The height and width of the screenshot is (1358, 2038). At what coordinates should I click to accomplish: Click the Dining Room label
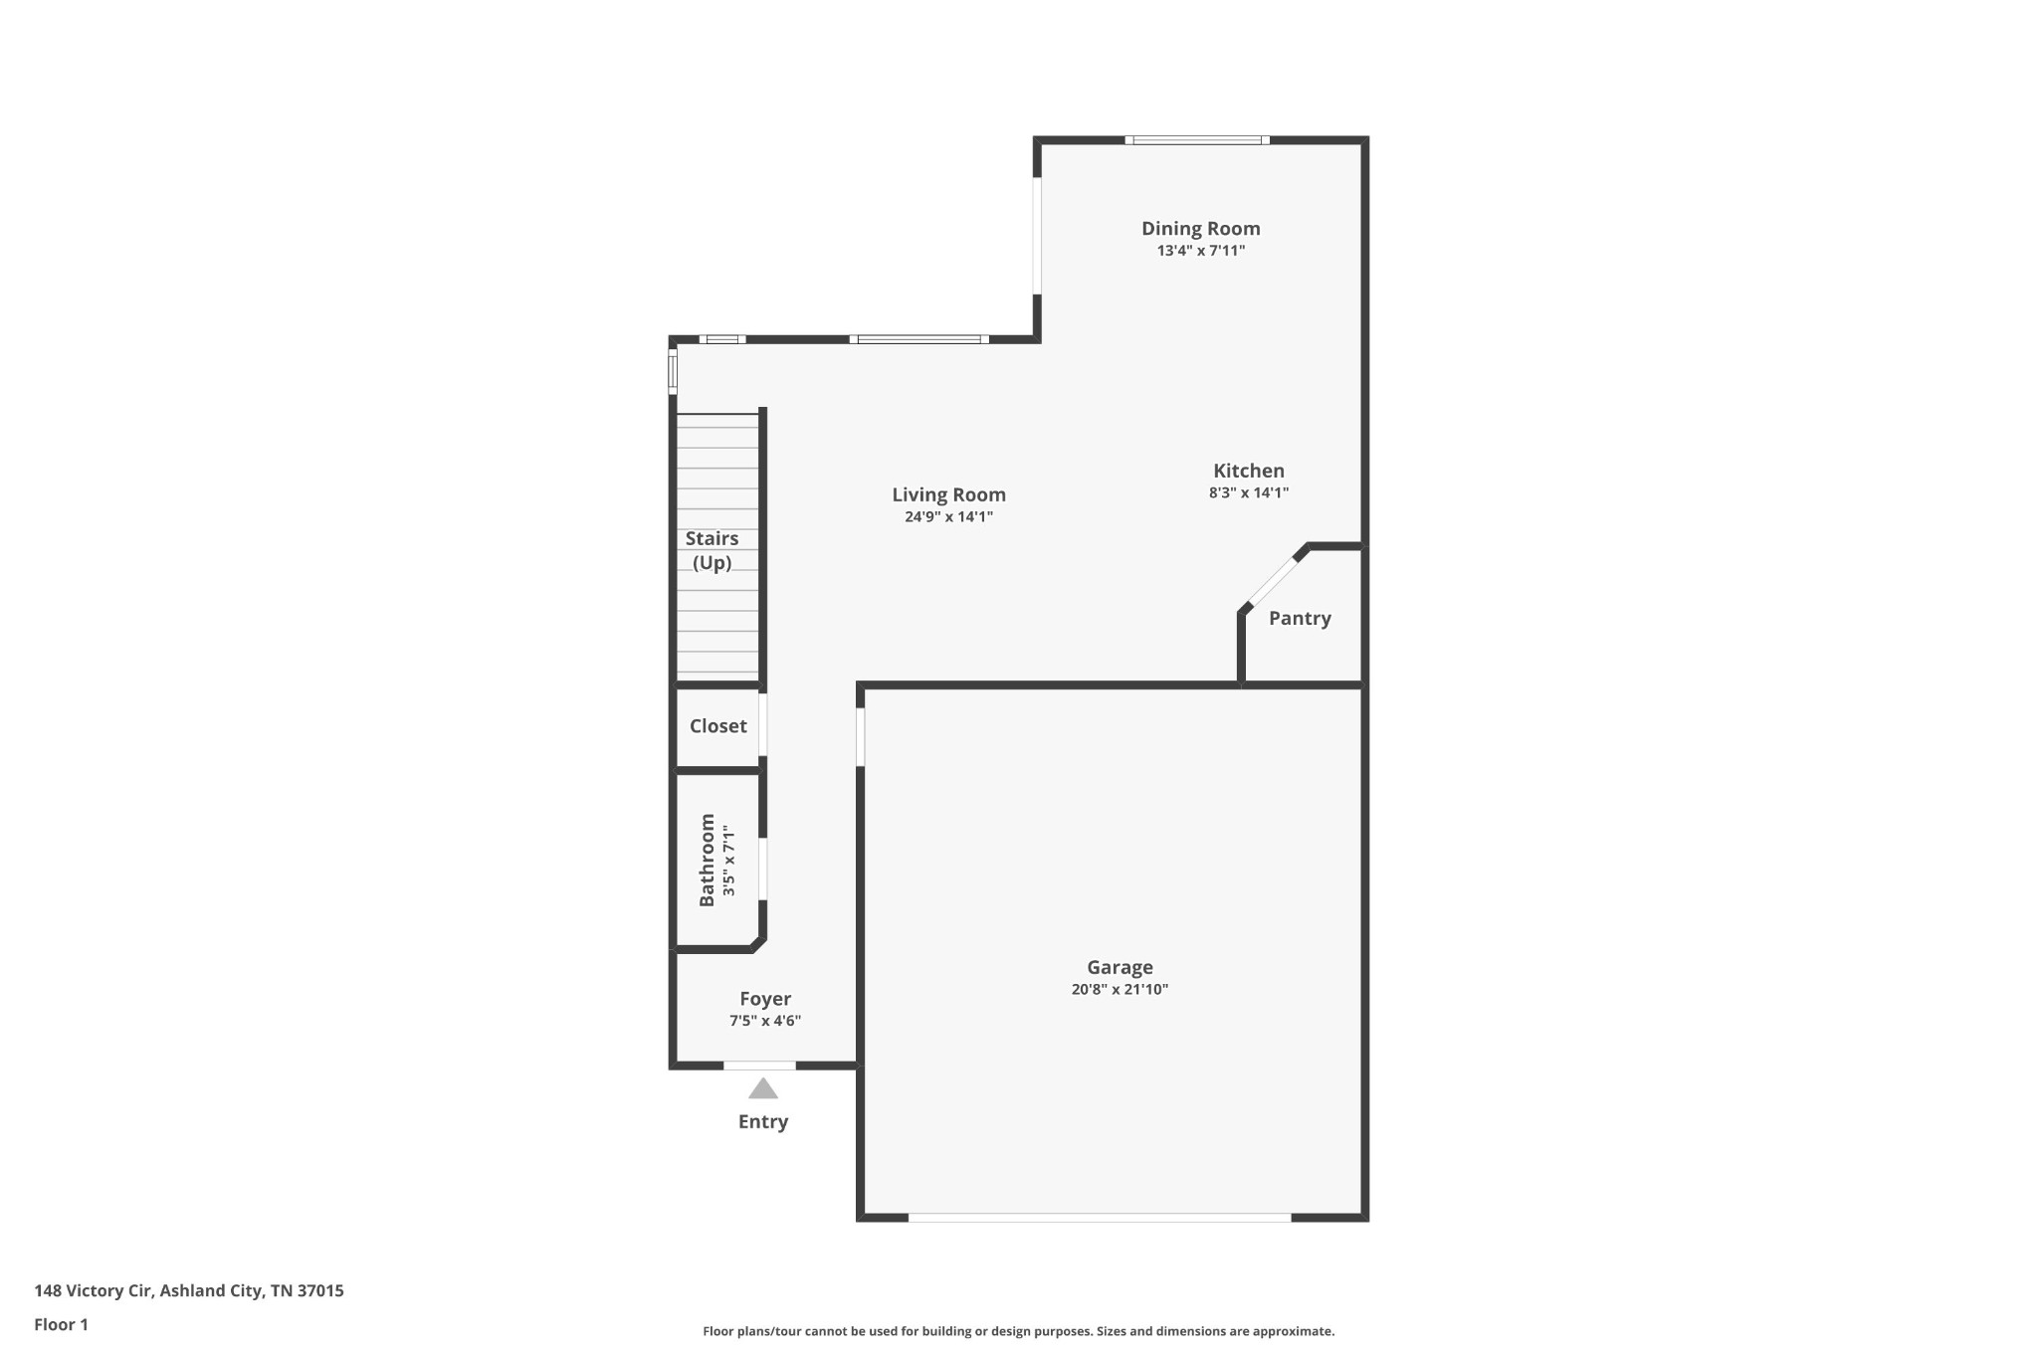click(x=1200, y=229)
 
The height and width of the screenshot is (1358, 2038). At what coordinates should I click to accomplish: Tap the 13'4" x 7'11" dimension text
click(x=1200, y=251)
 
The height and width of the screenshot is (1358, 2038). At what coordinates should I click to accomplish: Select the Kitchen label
click(x=1249, y=471)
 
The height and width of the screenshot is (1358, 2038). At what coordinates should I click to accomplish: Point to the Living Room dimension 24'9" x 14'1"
click(x=948, y=516)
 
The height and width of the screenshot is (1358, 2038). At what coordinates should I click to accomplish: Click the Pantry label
click(x=1300, y=618)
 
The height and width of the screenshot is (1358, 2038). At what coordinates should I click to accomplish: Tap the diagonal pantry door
click(x=1273, y=582)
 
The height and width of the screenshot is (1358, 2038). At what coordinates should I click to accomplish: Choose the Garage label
click(x=1120, y=967)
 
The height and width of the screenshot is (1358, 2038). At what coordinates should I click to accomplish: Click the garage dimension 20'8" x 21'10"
click(x=1120, y=989)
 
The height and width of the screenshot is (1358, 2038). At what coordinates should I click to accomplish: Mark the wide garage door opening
click(x=1100, y=1217)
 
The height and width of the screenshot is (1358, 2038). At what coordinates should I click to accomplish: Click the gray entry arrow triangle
click(x=763, y=1089)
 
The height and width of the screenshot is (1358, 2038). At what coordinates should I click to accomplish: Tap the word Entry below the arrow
click(x=763, y=1122)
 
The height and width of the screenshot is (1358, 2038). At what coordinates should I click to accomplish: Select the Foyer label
click(x=765, y=999)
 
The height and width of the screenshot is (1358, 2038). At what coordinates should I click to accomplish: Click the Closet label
click(x=717, y=726)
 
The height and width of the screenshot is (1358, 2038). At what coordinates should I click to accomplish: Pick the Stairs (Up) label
click(x=712, y=550)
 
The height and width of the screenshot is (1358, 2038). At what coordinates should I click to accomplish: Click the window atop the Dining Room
click(x=1197, y=140)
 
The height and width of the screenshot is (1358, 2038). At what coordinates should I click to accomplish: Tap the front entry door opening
click(x=759, y=1066)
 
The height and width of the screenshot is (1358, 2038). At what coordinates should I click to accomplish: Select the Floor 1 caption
click(x=61, y=1325)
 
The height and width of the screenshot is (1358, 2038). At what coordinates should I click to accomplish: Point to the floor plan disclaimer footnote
click(x=1018, y=1331)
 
